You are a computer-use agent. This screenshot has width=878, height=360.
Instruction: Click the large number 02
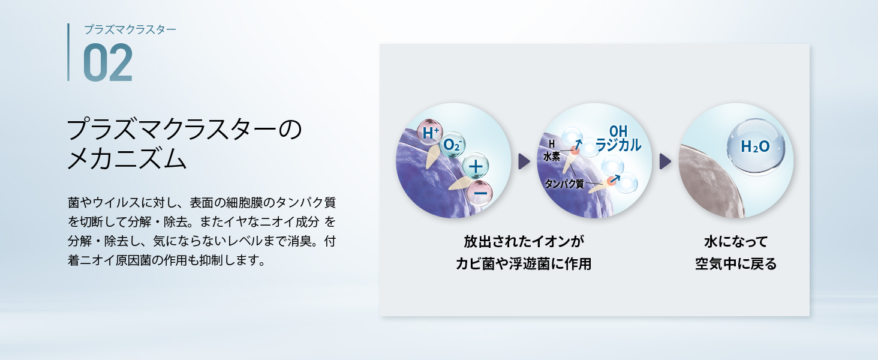[x=108, y=62]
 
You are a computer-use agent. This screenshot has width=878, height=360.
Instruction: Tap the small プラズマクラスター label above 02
[x=130, y=29]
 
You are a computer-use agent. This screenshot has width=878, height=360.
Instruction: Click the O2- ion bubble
[x=452, y=145]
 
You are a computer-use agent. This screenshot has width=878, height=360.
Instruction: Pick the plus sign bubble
[x=476, y=166]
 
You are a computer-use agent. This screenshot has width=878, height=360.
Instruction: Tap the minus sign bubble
[x=480, y=193]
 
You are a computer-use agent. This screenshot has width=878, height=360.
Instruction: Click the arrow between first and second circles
[x=524, y=161]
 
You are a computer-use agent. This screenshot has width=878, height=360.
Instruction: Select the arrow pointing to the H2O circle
[x=665, y=161]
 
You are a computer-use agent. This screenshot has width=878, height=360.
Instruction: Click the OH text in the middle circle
[x=618, y=131]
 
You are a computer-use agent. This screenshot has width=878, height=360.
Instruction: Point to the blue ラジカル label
[x=618, y=145]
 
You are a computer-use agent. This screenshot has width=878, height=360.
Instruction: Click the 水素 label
[x=552, y=157]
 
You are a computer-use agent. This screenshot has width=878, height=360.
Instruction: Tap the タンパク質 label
[x=564, y=184]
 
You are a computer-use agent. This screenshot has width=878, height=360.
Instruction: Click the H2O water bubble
[x=755, y=146]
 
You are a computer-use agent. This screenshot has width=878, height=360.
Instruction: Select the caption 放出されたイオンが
[x=524, y=242]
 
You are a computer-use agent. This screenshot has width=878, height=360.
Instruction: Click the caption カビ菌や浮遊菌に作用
[x=524, y=264]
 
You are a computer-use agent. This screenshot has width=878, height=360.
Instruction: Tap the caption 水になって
[x=736, y=242]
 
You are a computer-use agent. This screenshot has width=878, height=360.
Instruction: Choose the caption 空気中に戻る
[x=736, y=264]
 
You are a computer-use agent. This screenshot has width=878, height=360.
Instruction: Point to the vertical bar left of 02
[x=68, y=52]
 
